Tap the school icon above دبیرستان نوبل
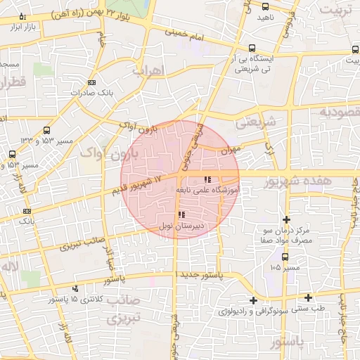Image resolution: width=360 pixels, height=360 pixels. (181, 214)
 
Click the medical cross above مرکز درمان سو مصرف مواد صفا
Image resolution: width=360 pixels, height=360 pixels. (286, 219)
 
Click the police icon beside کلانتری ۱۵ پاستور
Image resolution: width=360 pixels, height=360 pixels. (75, 288)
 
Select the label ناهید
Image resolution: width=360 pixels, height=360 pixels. (265, 16)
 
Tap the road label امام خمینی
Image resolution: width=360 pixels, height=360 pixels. (186, 32)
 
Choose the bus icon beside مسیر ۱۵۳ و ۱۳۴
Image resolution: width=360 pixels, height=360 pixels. (46, 130)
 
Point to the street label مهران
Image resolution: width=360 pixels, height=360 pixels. (230, 150)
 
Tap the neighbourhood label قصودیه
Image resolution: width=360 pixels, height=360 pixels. (337, 111)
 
